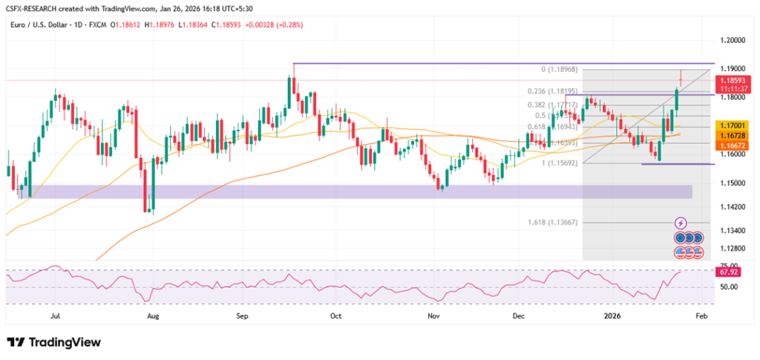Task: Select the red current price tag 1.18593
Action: tap(732, 78)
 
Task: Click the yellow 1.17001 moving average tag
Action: tap(732, 127)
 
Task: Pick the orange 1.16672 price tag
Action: tap(732, 146)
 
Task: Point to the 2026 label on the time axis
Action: tap(612, 315)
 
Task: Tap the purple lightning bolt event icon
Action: tap(681, 223)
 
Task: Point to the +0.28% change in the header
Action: tap(290, 24)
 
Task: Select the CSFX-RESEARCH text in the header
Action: tap(34, 8)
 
